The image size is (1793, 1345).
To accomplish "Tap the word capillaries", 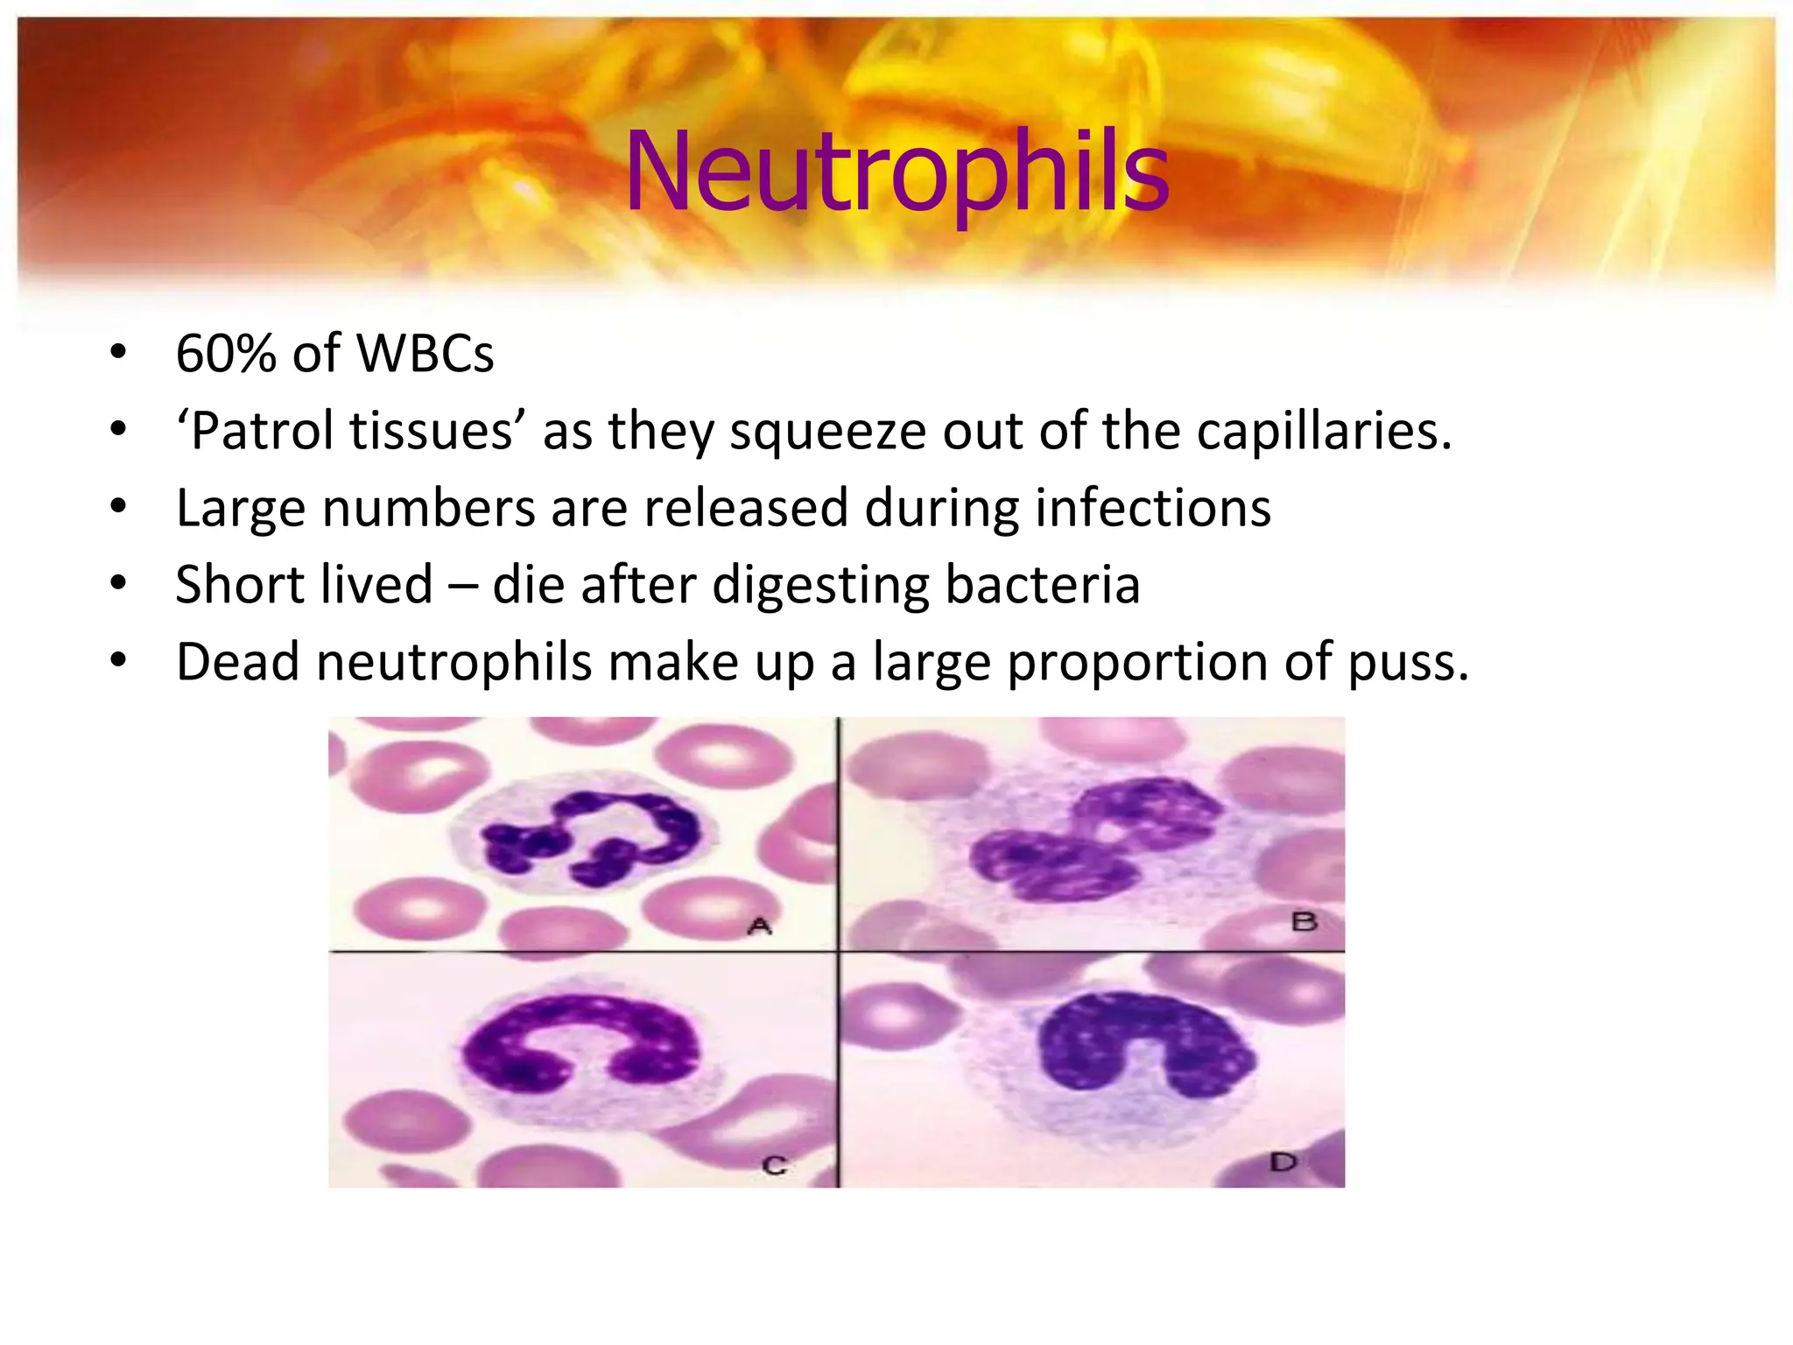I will pos(1324,432).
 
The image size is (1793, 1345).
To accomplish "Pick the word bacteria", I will pos(1043,585).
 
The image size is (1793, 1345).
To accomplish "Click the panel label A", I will pos(760,926).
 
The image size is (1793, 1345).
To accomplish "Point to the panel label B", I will pos(1304,921).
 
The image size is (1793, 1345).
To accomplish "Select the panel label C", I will pos(775,1165).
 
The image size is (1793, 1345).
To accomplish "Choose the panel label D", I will pos(1283,1163).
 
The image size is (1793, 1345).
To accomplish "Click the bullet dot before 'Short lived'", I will pos(119,583).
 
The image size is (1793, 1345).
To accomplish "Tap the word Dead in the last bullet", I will pos(238,662).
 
